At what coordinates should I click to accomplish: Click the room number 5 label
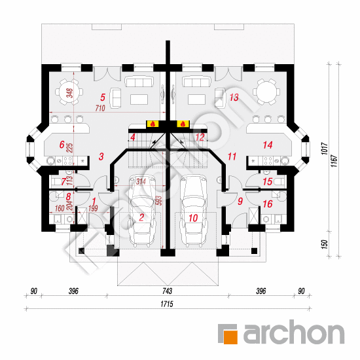(x=103, y=98)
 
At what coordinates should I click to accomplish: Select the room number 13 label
(x=234, y=98)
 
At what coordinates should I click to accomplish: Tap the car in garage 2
(x=142, y=211)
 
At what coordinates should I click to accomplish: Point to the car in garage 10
(x=194, y=211)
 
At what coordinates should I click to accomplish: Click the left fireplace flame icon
(x=153, y=124)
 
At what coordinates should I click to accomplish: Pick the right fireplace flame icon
(x=183, y=124)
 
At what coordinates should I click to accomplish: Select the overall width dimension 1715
(x=167, y=304)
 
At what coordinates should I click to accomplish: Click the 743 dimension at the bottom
(x=167, y=291)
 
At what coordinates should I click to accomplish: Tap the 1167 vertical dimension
(x=334, y=161)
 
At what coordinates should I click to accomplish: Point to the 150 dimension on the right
(x=324, y=244)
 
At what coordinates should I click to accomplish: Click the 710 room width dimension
(x=100, y=108)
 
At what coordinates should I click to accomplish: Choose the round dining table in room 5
(x=69, y=92)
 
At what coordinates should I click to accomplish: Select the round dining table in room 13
(x=266, y=92)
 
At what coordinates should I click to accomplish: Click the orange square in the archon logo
(x=230, y=337)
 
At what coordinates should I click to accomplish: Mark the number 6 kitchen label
(x=62, y=145)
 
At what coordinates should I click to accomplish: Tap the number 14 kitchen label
(x=268, y=145)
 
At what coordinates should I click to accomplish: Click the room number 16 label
(x=268, y=204)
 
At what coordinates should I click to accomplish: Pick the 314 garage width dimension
(x=141, y=182)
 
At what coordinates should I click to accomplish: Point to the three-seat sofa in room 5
(x=139, y=82)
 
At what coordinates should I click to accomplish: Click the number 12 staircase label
(x=200, y=137)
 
